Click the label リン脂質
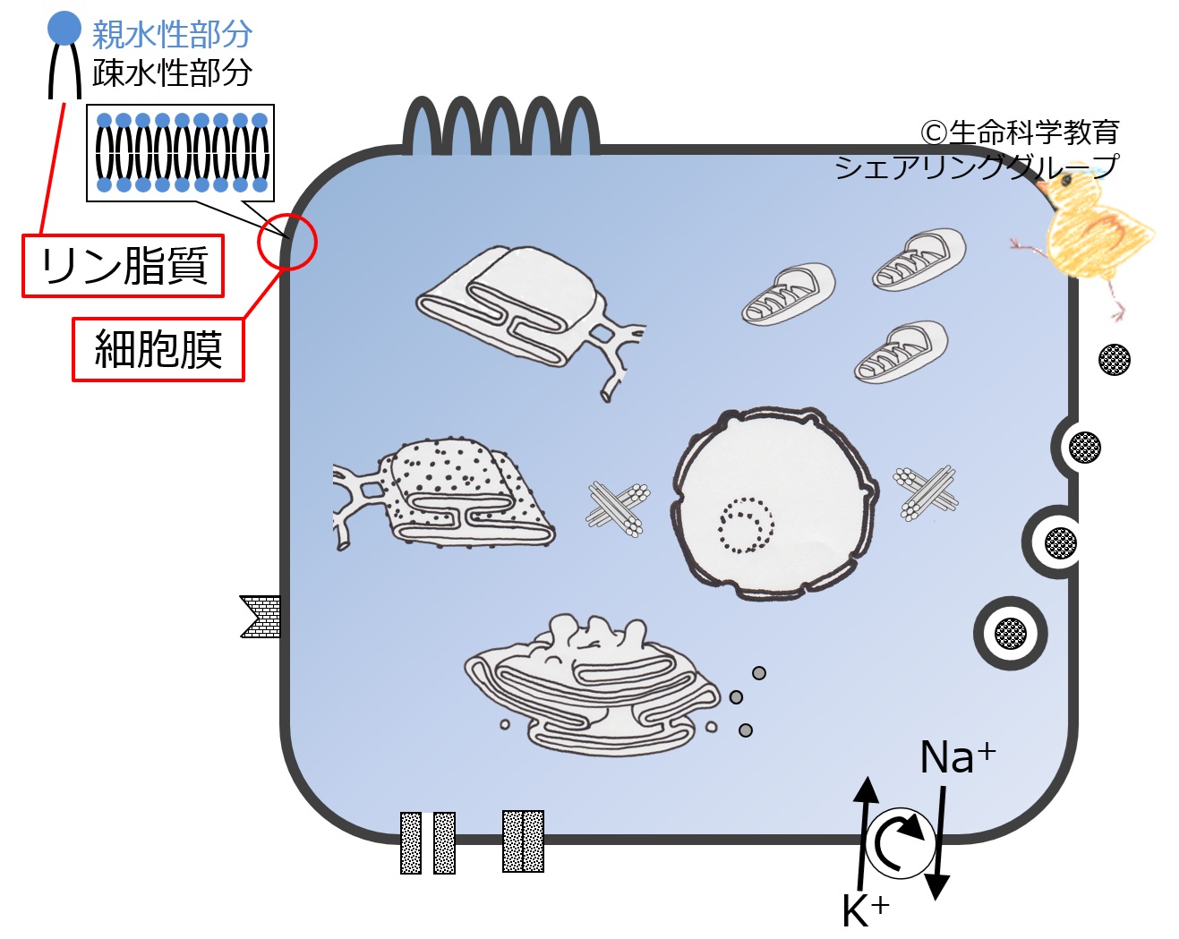tap(124, 266)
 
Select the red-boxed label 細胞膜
tap(158, 348)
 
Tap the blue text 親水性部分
tap(172, 34)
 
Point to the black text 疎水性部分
tap(172, 73)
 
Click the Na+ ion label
tap(956, 757)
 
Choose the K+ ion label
tap(865, 910)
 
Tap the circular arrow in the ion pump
tap(899, 842)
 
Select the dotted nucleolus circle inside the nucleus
tap(745, 525)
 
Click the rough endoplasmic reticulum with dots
tap(448, 494)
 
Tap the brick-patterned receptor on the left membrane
tap(261, 616)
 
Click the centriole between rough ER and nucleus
tap(618, 508)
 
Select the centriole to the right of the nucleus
tap(927, 491)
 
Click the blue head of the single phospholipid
tap(64, 28)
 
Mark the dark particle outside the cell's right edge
tap(1114, 360)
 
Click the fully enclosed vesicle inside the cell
tap(1010, 633)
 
